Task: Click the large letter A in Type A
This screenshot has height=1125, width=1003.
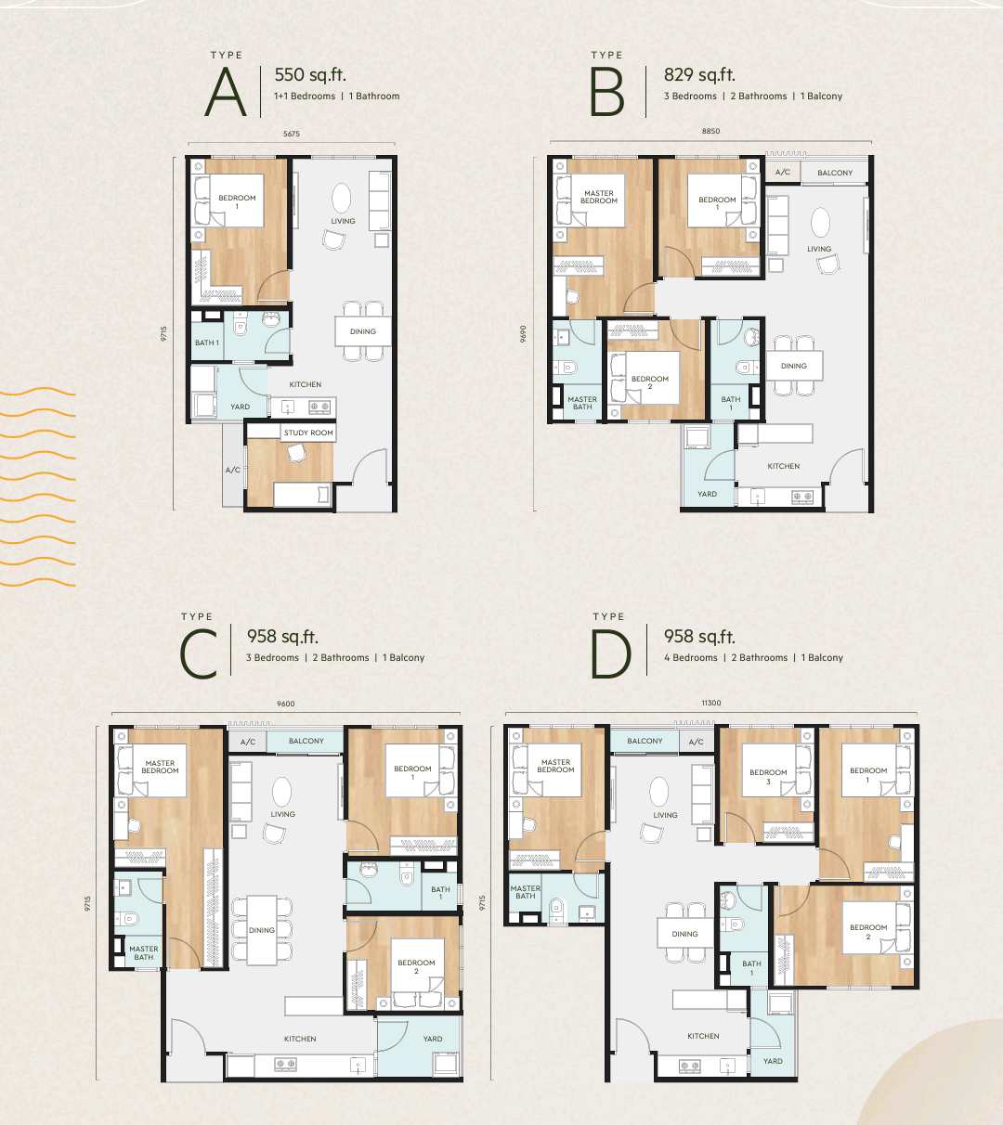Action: point(226,93)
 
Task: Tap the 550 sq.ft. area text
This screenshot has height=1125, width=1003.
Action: point(310,75)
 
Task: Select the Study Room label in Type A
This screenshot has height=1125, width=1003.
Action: point(308,433)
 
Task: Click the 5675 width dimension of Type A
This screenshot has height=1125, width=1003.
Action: point(292,134)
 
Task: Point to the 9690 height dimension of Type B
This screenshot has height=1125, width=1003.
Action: point(524,334)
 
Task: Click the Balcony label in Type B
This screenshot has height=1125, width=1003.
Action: point(835,173)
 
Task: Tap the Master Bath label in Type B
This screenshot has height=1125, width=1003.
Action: point(582,403)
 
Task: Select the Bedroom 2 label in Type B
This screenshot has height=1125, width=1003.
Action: point(650,382)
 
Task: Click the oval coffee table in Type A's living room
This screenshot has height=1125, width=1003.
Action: point(342,198)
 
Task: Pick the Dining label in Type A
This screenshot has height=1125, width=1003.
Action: point(363,331)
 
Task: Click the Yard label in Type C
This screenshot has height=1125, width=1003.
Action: point(433,1039)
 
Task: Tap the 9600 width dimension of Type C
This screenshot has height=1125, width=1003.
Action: point(285,704)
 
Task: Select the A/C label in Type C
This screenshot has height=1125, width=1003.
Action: point(248,742)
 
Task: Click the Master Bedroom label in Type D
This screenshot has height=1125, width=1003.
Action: point(555,766)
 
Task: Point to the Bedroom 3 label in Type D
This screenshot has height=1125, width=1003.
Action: point(768,777)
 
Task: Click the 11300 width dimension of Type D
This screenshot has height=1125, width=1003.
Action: point(711,703)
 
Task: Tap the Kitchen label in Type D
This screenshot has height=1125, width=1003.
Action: point(703,1036)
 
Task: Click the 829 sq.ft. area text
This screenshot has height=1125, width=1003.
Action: point(699,75)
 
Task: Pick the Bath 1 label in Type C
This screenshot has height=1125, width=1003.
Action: point(440,893)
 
